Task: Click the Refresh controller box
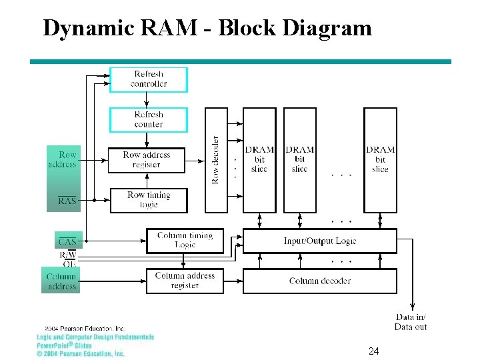point(149,79)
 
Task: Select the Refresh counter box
point(149,119)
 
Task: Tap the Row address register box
point(147,160)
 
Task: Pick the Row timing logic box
point(149,200)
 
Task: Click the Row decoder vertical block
point(216,160)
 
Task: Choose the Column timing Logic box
point(185,240)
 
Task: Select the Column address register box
point(185,281)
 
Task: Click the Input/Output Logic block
point(320,241)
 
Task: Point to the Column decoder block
point(320,281)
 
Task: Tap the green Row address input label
point(63,159)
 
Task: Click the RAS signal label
point(67,200)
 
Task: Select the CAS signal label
point(67,241)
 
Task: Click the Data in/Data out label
point(411,322)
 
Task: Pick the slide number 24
point(373,351)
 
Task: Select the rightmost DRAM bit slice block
point(380,160)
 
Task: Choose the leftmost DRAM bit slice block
point(259,160)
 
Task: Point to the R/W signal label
point(68,255)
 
